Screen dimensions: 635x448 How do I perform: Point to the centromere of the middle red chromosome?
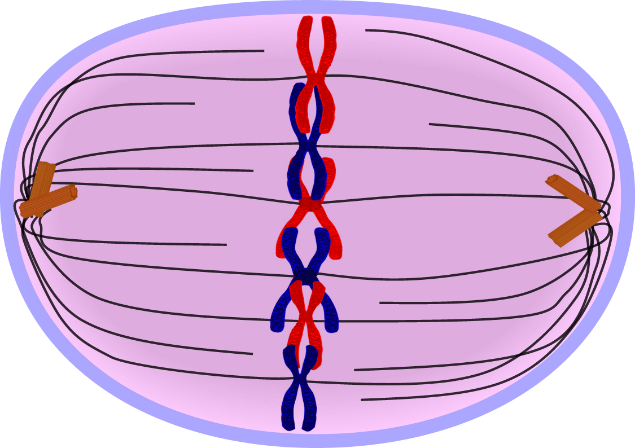pos(309,204)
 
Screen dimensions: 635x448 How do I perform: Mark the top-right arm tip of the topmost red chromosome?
pos(327,20)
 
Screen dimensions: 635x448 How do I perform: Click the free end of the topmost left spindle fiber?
pos(264,51)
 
